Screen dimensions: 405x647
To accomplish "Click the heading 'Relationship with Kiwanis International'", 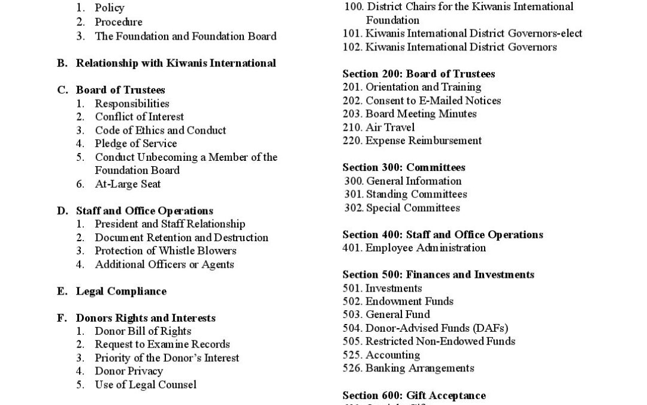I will click(x=176, y=63).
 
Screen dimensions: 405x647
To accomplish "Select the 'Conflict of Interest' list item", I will click(x=139, y=117).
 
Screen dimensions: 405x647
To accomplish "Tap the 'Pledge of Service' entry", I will click(x=135, y=143).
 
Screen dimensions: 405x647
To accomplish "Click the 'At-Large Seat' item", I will click(x=128, y=184).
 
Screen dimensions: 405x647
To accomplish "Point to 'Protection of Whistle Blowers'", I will click(x=165, y=251).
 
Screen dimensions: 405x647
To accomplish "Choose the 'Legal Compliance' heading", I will click(x=121, y=291).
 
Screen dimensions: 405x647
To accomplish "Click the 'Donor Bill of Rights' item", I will click(x=143, y=331).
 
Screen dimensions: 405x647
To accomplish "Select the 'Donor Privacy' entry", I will click(x=128, y=371).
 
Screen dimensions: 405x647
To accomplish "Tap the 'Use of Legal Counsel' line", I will click(x=146, y=385).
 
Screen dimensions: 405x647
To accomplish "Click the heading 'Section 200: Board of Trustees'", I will click(x=419, y=74).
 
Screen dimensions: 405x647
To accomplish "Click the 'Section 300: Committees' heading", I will click(x=404, y=167).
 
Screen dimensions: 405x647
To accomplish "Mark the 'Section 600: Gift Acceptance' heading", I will click(x=414, y=395).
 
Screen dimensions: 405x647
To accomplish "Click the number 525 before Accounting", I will click(x=352, y=355).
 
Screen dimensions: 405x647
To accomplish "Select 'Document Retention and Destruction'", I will click(x=182, y=238).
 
